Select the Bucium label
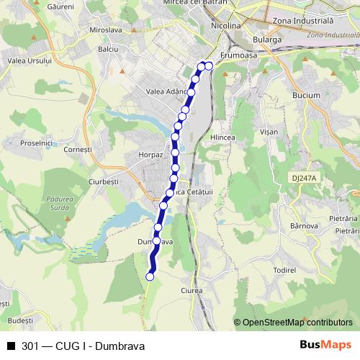pos(306,94)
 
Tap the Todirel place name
pos(285,269)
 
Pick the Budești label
pos(20,319)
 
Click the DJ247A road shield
pos(305,177)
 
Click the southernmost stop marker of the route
pos(150,276)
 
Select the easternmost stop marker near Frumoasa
pos(209,66)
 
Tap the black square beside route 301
pos(10,346)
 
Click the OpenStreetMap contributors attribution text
pos(297,322)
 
